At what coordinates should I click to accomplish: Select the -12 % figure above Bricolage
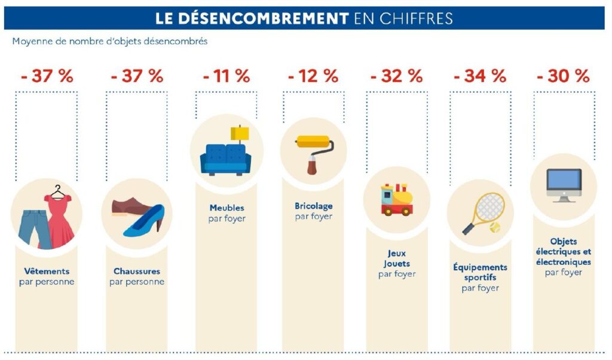[313, 77]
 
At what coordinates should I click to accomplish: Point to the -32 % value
[396, 77]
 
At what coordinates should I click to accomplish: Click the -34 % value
[480, 77]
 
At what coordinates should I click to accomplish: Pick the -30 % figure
[563, 77]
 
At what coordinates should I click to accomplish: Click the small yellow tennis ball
[494, 228]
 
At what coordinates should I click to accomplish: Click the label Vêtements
[47, 271]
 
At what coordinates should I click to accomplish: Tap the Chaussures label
[137, 271]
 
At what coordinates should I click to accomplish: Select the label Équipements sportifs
[480, 272]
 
